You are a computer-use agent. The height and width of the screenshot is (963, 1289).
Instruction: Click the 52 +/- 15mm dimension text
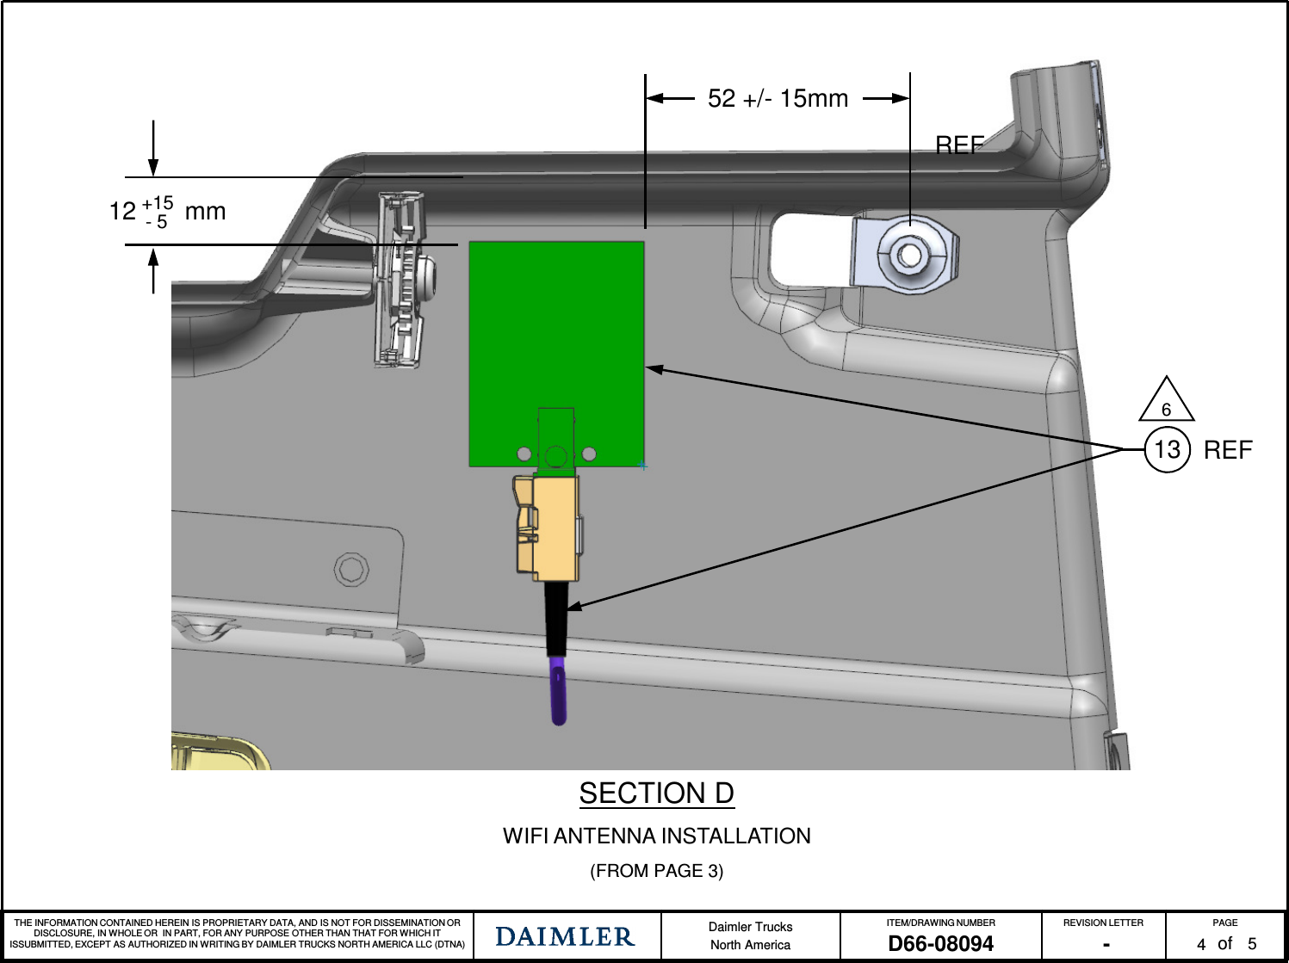[x=778, y=99]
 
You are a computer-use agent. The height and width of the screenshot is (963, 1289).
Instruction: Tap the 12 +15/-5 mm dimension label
[x=167, y=212]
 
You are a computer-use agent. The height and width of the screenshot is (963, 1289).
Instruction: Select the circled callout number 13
[x=1167, y=449]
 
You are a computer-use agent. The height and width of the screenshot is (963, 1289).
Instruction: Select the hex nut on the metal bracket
[x=908, y=255]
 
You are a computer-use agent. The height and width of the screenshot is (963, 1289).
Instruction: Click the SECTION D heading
[x=656, y=793]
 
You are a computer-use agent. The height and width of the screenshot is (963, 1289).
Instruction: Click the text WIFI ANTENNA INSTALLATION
[x=656, y=836]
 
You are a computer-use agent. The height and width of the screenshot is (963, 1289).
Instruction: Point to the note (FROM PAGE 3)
[x=656, y=871]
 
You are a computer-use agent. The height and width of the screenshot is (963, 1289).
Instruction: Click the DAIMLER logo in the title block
[x=565, y=936]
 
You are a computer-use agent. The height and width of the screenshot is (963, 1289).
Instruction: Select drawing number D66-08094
[x=940, y=944]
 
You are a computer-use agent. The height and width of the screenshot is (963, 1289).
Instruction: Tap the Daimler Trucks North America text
[x=750, y=935]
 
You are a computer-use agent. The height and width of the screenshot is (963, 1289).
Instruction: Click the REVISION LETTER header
[x=1103, y=923]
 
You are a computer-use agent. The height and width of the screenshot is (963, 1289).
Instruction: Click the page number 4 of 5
[x=1225, y=944]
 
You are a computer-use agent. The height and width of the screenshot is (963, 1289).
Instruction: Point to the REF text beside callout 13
[x=1228, y=450]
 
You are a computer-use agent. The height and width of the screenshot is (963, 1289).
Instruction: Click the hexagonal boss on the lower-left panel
[x=351, y=569]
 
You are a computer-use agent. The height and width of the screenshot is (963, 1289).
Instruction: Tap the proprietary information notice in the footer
[x=238, y=934]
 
